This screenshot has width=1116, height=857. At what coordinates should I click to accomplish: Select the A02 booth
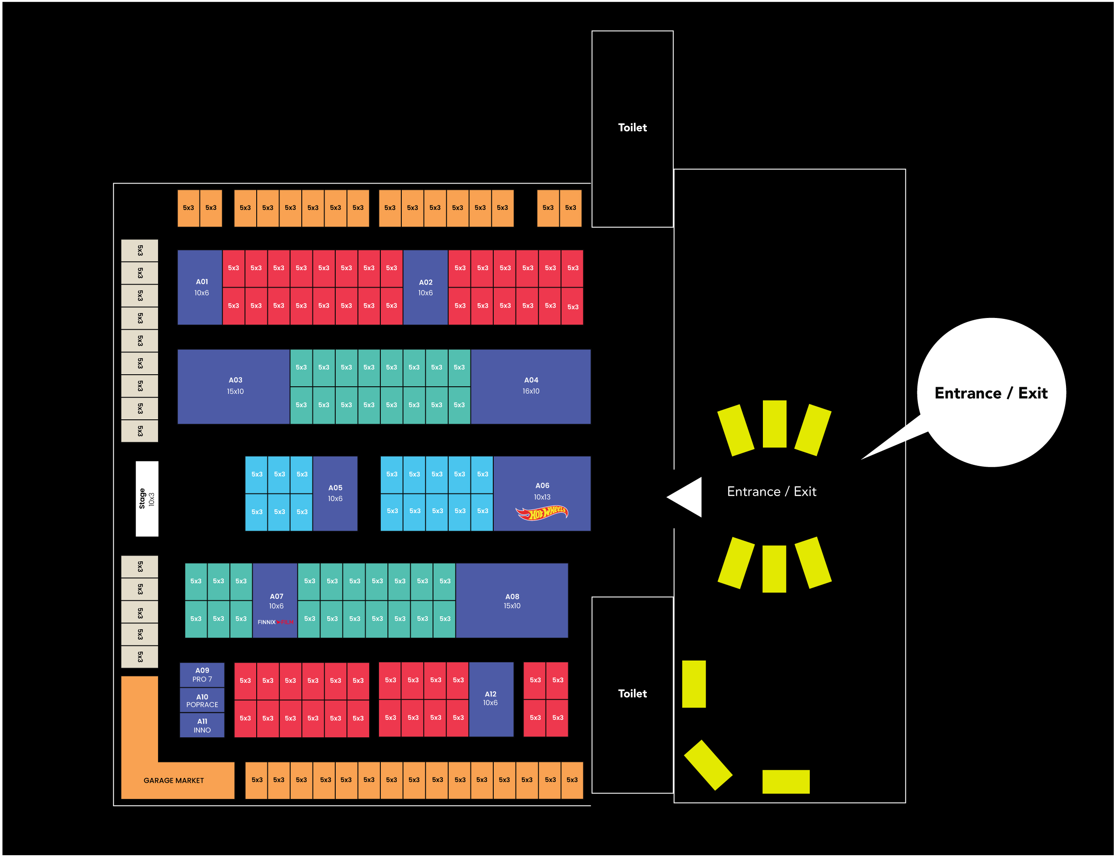[425, 287]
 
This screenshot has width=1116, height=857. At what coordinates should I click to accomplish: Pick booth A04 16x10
[530, 386]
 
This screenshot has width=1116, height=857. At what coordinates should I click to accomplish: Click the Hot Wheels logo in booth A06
[541, 512]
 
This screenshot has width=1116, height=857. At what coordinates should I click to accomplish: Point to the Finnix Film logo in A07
[275, 622]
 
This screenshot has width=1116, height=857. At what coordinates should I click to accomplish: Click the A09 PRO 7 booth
[202, 674]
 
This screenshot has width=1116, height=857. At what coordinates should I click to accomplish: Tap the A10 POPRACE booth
[202, 700]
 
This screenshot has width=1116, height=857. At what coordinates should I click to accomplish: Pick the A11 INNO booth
[202, 725]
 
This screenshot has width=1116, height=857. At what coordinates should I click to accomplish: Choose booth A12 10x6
[491, 698]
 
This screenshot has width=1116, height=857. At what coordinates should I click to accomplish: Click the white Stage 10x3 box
[147, 498]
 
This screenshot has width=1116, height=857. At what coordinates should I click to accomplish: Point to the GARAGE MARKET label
[173, 781]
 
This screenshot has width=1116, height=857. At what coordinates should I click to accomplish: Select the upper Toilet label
[632, 128]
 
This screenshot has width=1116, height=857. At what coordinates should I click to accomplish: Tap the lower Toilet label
[632, 693]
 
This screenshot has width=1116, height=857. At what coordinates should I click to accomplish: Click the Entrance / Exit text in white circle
[991, 393]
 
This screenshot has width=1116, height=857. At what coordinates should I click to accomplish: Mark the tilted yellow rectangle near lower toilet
[708, 765]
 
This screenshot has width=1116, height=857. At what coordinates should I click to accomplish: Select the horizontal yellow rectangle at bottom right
[786, 782]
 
